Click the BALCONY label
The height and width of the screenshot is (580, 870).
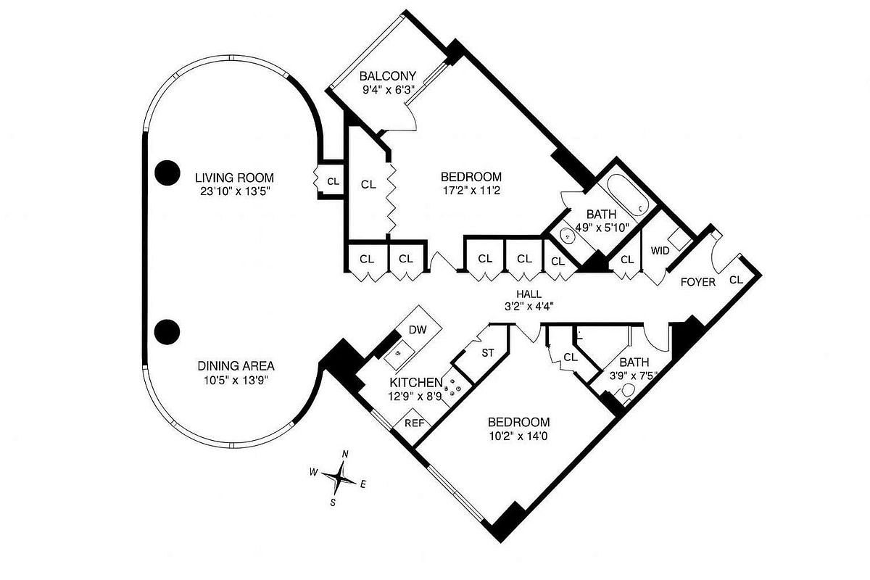click(x=387, y=75)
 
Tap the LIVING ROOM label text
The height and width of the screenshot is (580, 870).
click(x=234, y=178)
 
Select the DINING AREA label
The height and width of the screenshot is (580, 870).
click(x=236, y=366)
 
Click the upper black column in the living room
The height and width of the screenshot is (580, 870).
click(x=167, y=173)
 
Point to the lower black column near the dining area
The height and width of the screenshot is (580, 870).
click(x=167, y=332)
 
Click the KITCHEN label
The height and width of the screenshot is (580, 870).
click(x=416, y=383)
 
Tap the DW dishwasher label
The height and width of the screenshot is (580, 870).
click(x=418, y=330)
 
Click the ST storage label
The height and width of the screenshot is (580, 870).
click(x=488, y=353)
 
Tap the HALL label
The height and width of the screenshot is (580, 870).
click(x=529, y=294)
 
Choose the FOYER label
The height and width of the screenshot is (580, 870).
click(x=698, y=282)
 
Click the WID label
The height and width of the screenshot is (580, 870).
click(x=660, y=251)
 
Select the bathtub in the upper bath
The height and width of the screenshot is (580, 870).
click(x=628, y=194)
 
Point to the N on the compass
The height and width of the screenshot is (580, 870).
click(x=344, y=454)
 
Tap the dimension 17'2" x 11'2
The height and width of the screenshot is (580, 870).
click(x=471, y=191)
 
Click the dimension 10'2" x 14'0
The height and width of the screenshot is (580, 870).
click(x=518, y=436)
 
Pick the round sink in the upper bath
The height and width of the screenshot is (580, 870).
click(x=568, y=236)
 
